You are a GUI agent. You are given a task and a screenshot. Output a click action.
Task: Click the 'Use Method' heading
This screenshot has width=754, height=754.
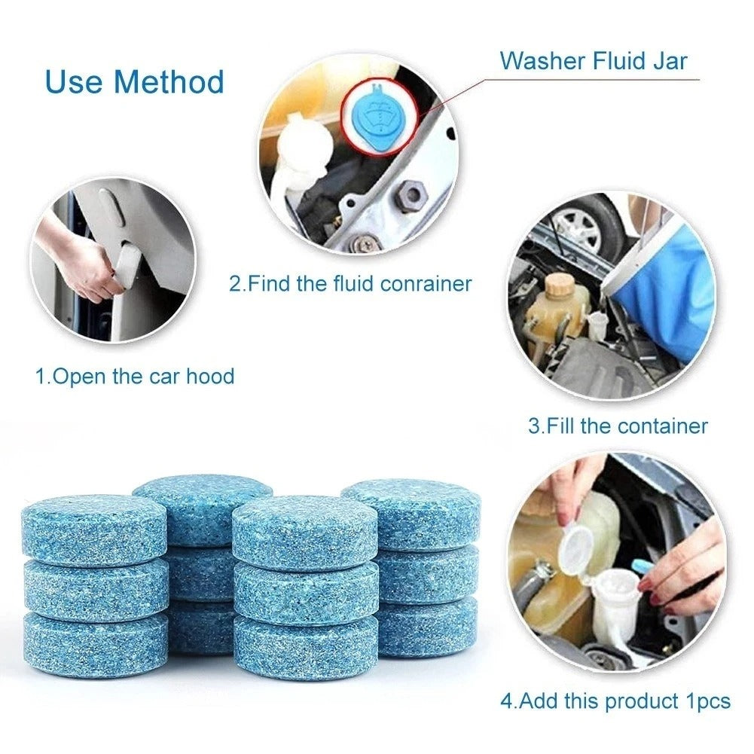coord(135,81)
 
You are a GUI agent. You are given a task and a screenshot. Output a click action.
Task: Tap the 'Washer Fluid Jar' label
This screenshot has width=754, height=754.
coord(594,60)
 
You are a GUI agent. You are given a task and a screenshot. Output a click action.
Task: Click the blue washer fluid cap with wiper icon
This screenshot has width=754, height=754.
coord(374,112)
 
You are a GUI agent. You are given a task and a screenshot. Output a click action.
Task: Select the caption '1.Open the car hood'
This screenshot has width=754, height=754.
coord(135,376)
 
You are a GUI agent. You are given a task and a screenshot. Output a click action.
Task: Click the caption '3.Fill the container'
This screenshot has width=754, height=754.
coord(618,426)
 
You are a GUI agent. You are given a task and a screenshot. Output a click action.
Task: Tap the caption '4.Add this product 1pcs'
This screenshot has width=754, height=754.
coord(615,701)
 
